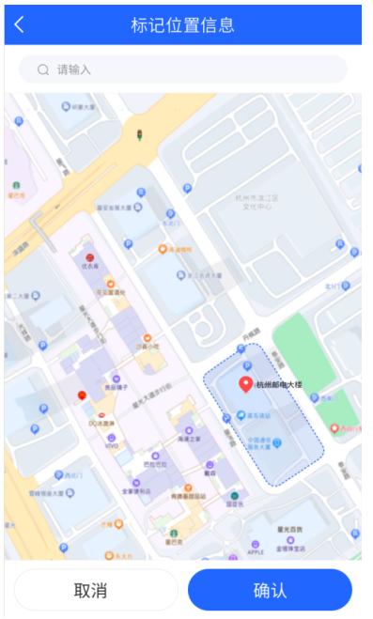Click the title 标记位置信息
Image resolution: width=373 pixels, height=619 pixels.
[x=186, y=24]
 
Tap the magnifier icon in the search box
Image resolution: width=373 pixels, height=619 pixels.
[x=42, y=69]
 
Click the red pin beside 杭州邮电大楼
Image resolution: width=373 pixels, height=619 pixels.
[x=246, y=384]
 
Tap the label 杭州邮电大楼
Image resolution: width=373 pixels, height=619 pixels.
[x=279, y=385]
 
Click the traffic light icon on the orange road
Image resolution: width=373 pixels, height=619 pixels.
[x=139, y=134]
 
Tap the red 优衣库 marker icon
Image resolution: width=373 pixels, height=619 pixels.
[x=89, y=256]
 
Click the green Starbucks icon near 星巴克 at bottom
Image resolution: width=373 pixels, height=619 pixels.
[x=235, y=495]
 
